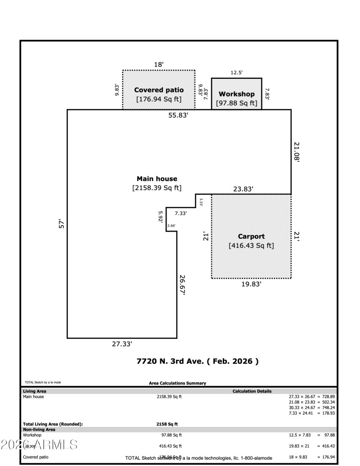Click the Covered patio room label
click(159, 90)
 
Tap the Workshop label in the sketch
click(236, 94)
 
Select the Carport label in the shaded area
click(251, 236)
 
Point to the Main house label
click(157, 179)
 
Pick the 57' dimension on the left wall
click(62, 223)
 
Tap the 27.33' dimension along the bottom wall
click(122, 344)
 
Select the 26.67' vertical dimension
click(182, 284)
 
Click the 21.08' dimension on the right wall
click(297, 152)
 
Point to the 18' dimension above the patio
click(158, 65)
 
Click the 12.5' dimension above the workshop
click(237, 72)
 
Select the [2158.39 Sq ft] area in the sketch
click(157, 188)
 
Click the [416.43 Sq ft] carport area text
click(251, 246)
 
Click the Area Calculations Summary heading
click(177, 383)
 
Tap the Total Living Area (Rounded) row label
click(53, 424)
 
